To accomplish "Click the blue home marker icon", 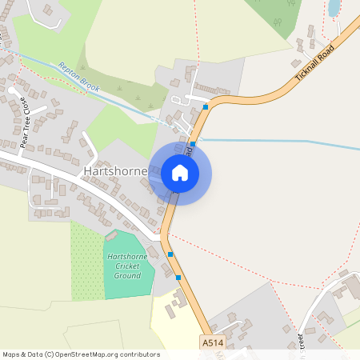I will tap(179, 173).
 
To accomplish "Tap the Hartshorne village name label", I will tap(114, 171).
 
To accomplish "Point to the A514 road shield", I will tap(210, 342).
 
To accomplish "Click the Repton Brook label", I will tap(78, 78).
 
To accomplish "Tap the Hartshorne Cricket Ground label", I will tap(127, 266).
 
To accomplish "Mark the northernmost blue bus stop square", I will tap(206, 106).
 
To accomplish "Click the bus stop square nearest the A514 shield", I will tap(178, 278).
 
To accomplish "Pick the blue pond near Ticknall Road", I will tap(334, 8).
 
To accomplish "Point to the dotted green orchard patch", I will tap(86, 260).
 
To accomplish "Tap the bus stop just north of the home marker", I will tap(193, 144).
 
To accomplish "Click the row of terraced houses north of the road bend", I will tap(211, 89).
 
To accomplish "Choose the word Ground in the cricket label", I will tap(127, 275).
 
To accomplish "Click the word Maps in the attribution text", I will tap(11, 354).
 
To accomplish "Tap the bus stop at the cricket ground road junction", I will tap(170, 254).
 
